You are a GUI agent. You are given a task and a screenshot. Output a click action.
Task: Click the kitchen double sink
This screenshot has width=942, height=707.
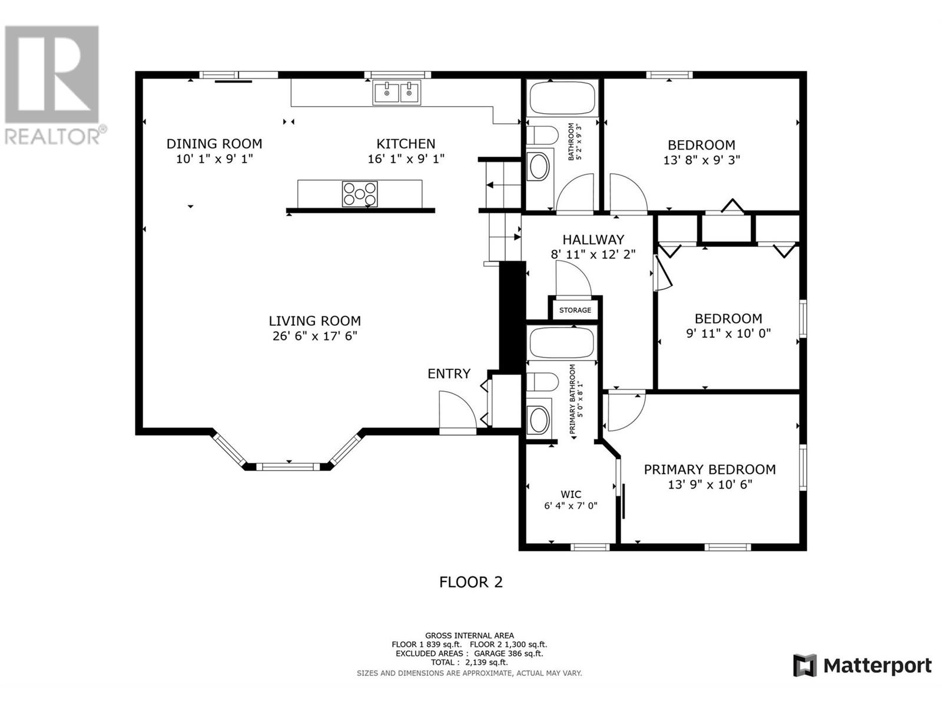click(397, 92)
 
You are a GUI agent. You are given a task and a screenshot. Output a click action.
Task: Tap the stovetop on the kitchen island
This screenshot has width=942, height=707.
click(360, 194)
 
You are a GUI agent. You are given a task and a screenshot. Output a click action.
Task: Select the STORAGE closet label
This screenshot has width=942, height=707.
click(575, 310)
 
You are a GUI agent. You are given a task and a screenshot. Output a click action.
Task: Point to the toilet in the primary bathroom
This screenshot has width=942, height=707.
click(542, 382)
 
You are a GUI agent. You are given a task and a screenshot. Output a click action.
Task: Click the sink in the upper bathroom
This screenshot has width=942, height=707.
click(539, 166)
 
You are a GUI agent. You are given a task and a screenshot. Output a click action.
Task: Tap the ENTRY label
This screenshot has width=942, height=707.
click(449, 374)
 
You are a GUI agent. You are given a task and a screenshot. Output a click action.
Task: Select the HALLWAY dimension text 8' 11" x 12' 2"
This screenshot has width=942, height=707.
click(593, 255)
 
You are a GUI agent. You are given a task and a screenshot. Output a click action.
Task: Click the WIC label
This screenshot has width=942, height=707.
click(570, 494)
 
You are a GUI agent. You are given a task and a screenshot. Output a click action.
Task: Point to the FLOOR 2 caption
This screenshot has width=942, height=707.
click(471, 582)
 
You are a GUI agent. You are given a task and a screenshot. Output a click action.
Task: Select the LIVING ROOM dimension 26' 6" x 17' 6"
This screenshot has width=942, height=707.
click(315, 336)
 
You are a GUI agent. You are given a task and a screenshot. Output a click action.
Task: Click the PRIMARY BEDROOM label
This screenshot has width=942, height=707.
click(710, 470)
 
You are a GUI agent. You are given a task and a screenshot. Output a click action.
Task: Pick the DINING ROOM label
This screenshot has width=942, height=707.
click(214, 144)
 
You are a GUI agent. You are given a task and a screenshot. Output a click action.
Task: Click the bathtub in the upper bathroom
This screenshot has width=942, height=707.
click(562, 98)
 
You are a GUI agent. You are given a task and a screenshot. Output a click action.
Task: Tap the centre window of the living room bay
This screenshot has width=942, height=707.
click(288, 467)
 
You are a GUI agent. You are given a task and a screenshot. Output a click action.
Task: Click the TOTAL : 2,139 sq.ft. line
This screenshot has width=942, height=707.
click(469, 662)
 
